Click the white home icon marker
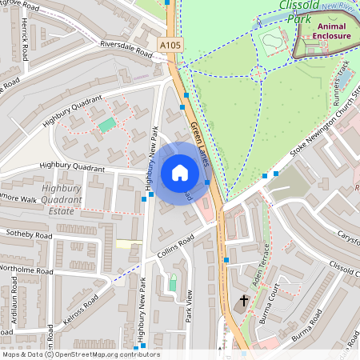point(180,173)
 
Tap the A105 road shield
point(169,46)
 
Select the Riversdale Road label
point(126,48)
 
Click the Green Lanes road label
point(199,144)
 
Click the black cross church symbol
point(244,302)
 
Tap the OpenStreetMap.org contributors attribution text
point(107,354)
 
